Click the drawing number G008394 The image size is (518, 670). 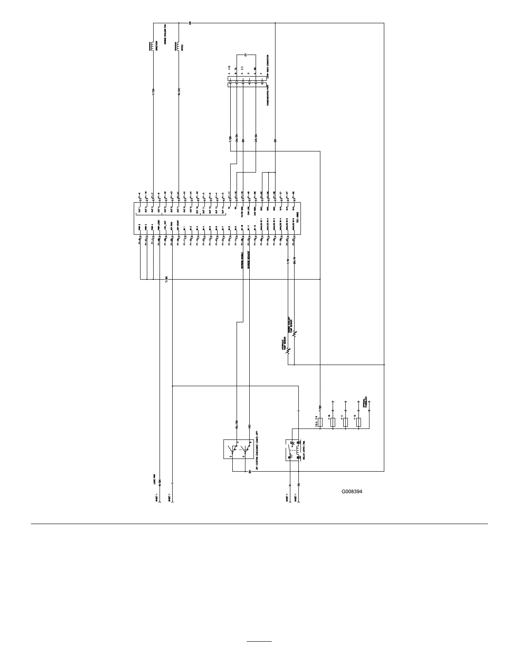tap(352, 492)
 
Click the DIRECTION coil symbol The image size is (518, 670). tap(152, 46)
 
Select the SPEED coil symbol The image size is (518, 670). tap(177, 46)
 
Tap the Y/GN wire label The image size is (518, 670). tap(153, 92)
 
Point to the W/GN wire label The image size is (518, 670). tap(179, 92)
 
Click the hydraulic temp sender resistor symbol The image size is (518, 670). tap(288, 350)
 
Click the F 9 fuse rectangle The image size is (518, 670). tap(320, 422)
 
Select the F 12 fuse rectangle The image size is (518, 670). tap(359, 422)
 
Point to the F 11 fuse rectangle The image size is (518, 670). tap(346, 422)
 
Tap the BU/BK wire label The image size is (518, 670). tap(237, 423)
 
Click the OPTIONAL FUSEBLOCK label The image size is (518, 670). tap(365, 402)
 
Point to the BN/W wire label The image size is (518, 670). tap(295, 261)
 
